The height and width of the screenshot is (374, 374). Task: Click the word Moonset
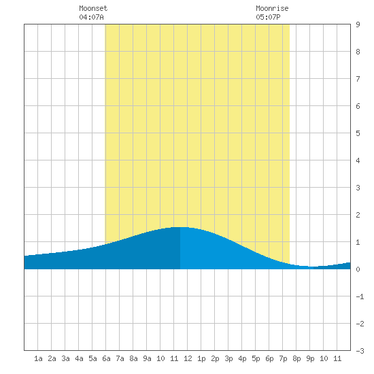(93, 8)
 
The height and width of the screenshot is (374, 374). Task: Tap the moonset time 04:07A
(91, 17)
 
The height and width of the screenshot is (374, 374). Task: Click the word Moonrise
(272, 8)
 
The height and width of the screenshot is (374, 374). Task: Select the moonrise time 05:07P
(268, 17)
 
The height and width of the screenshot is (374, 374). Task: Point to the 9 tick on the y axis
(358, 24)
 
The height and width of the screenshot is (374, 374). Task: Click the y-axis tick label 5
(358, 133)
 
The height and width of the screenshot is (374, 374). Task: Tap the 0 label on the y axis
(358, 269)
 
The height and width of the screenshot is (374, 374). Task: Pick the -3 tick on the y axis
(360, 351)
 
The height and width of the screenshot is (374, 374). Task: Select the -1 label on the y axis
(360, 296)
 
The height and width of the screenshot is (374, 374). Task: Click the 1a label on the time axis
(38, 358)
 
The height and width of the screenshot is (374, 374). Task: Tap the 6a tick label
(106, 358)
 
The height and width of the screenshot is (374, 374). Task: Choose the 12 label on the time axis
(188, 358)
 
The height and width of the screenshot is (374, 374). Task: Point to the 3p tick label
(228, 358)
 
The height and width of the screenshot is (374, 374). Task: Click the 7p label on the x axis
(283, 358)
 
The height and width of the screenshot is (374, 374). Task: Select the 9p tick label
(310, 358)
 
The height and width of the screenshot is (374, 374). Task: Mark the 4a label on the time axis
(79, 358)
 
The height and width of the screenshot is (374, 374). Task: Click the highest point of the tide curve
(180, 227)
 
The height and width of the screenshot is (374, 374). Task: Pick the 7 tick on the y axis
(358, 79)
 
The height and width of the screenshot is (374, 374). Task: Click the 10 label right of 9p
(324, 358)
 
